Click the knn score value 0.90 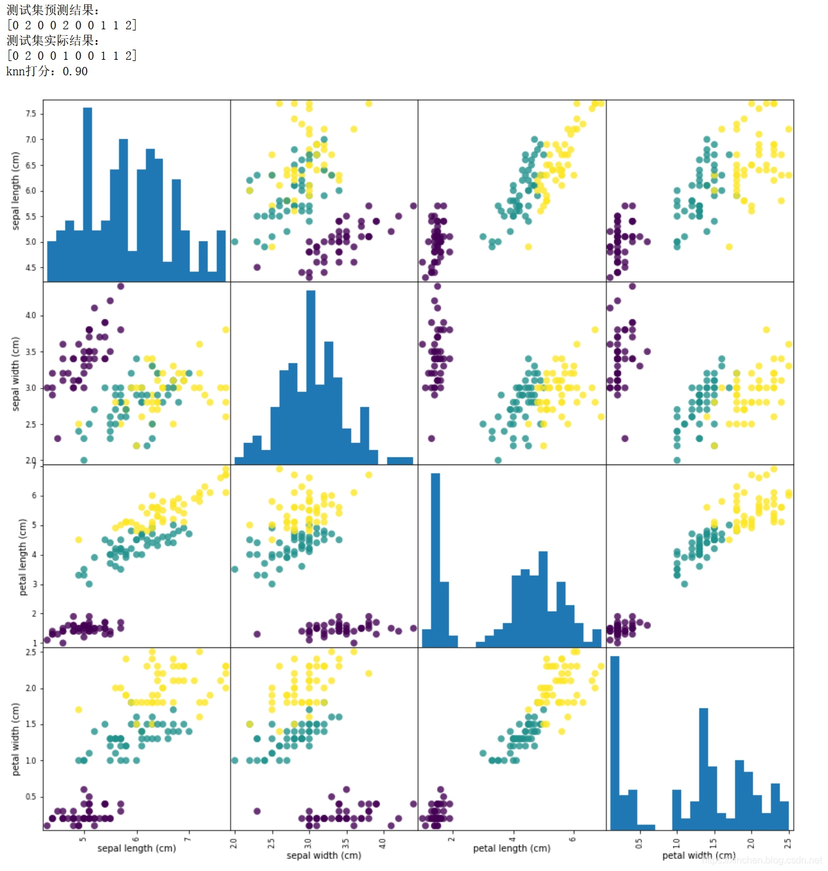click(75, 71)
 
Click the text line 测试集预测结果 click(53, 10)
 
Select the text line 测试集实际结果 click(53, 40)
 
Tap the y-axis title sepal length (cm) click(16, 191)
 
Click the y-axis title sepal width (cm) click(16, 374)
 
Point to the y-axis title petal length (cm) click(23, 557)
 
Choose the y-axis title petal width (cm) click(16, 739)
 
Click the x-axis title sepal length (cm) click(136, 848)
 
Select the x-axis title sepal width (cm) click(324, 855)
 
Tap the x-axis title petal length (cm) click(512, 848)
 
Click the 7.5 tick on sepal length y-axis click(30, 114)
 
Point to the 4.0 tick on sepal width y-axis click(30, 315)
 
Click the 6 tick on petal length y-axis click(34, 496)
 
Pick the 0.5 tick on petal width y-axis click(30, 796)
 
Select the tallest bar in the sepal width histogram click(311, 377)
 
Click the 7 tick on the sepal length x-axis click(189, 839)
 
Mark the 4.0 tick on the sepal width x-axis click(383, 842)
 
